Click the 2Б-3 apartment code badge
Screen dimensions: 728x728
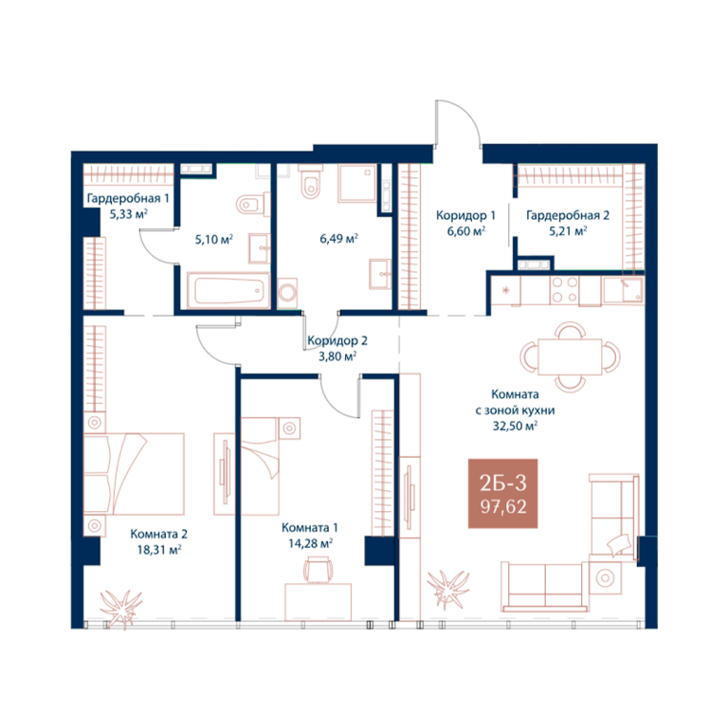coord(502,494)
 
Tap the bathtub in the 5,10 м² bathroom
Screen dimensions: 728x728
coord(227,291)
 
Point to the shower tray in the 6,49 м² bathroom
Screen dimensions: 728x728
coord(357,183)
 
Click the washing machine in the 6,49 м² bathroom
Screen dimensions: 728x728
coord(287,294)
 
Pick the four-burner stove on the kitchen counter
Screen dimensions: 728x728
coord(564,290)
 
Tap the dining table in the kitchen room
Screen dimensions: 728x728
coord(570,356)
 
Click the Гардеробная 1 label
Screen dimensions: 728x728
coord(128,198)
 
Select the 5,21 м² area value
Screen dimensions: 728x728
coord(568,230)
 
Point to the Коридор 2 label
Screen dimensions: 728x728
coord(337,341)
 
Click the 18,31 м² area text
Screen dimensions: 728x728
coord(159,550)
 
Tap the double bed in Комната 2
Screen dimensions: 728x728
coord(134,474)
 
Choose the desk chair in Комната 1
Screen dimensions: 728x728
coord(318,570)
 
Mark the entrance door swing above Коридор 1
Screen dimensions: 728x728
coord(458,123)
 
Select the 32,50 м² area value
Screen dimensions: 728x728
coord(515,426)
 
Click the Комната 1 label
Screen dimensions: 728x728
coord(310,528)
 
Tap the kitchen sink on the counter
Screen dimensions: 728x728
coord(623,290)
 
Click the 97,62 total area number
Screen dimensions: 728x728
coord(503,507)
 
